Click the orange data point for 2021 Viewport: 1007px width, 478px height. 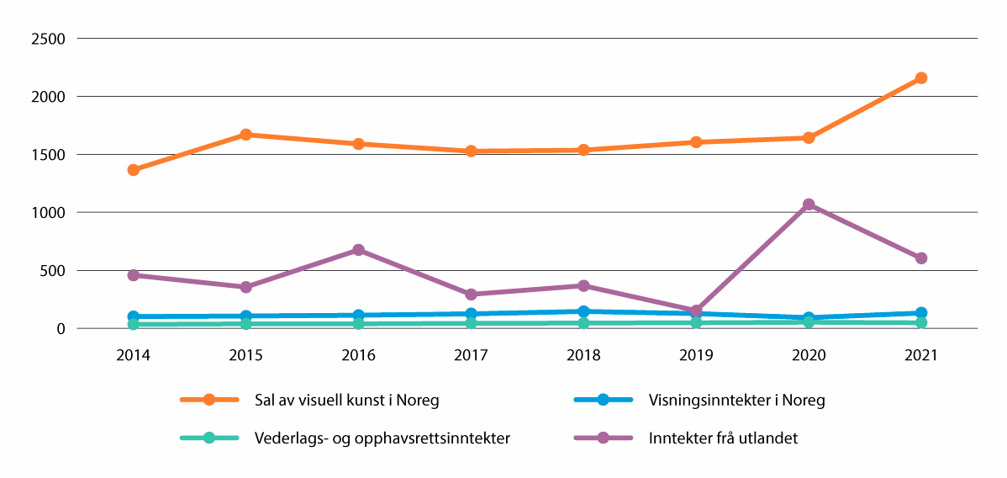click(x=920, y=78)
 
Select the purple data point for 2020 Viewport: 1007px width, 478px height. click(x=808, y=204)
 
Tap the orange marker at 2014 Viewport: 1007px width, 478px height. click(x=133, y=170)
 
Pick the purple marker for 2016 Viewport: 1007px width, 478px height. click(x=358, y=250)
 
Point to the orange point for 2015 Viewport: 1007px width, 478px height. click(x=245, y=135)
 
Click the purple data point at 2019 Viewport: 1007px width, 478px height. click(x=696, y=311)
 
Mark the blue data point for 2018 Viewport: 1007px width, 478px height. click(x=583, y=311)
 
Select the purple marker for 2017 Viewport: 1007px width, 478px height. click(x=471, y=295)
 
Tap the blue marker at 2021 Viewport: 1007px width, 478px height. click(x=920, y=313)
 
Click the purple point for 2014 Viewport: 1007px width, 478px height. click(x=133, y=275)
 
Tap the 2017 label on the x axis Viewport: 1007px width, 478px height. click(x=471, y=356)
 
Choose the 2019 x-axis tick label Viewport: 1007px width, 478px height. click(x=696, y=356)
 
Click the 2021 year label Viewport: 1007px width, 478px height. click(x=920, y=356)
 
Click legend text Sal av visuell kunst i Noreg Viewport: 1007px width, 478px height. click(x=345, y=400)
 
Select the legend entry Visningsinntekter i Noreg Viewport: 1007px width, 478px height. click(x=736, y=400)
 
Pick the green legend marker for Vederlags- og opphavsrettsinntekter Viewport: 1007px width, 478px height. click(x=209, y=438)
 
